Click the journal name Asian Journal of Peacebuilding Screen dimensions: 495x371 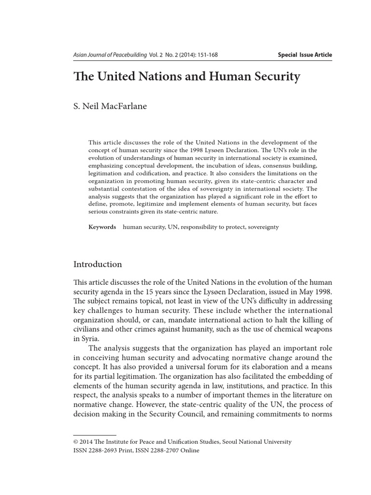110,55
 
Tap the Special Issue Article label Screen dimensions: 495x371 305,55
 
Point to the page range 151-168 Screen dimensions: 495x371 206,55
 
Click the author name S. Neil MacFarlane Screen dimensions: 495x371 110,106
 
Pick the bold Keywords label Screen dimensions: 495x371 102,227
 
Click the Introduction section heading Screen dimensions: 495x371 98,264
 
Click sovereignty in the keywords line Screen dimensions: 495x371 263,227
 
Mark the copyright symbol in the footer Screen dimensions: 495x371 75,442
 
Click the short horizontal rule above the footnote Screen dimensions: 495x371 95,435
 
